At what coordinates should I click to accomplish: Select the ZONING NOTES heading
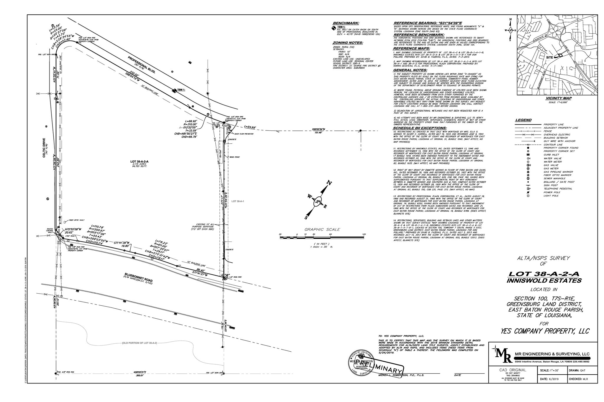coord(348,43)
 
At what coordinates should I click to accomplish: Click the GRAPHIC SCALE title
coord(322,229)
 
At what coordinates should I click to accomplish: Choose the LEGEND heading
coord(523,120)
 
